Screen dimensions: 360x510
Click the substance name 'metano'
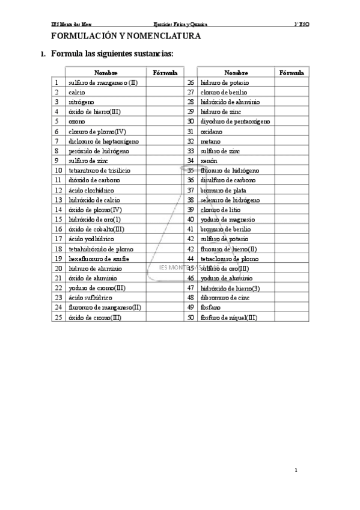coord(211,141)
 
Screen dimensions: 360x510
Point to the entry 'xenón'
coord(210,161)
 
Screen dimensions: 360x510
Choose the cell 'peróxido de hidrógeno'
coord(99,150)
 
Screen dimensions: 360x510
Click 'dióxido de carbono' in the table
coord(94,180)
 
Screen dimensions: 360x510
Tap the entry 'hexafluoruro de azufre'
coord(99,258)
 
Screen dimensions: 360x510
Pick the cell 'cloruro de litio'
coord(222,209)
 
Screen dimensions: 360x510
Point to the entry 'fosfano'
coord(212,307)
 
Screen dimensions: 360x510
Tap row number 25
coord(58,317)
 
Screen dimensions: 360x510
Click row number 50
coord(191,317)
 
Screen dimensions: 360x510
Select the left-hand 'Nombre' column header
coord(106,73)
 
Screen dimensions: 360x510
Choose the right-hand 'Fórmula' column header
coord(291,73)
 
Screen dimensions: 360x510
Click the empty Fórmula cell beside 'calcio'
coord(165,92)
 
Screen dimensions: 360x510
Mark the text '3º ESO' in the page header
coord(301,25)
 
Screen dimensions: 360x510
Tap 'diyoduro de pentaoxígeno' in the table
coord(235,121)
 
